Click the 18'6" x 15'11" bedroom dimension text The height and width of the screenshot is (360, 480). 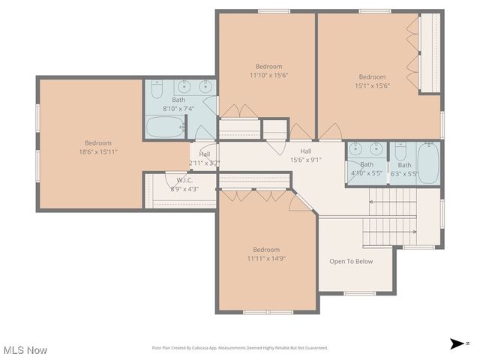97,151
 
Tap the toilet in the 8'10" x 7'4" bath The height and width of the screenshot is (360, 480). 156,91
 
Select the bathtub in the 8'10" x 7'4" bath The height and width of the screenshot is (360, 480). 165,126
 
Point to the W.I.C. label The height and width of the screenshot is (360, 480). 185,180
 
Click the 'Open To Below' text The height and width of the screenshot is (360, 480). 351,262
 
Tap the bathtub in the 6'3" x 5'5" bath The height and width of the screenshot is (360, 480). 428,164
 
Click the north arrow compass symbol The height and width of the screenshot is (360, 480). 457,343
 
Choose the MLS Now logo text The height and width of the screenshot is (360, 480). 25,350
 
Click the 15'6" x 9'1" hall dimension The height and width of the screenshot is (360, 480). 305,160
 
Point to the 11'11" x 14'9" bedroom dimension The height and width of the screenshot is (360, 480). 265,259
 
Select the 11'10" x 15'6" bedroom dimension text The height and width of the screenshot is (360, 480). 268,75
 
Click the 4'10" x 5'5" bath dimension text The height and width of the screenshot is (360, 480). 367,174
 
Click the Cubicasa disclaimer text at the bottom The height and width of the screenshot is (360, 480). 240,348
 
